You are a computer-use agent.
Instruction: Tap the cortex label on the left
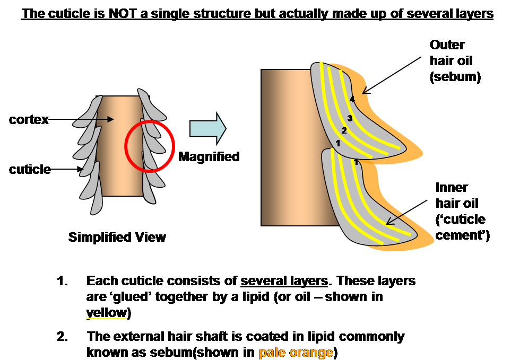point(28,120)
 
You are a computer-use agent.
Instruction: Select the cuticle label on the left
point(30,170)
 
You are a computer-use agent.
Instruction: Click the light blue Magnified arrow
point(208,128)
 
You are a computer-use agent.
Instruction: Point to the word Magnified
point(209,157)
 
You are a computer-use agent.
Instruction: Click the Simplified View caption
point(117,237)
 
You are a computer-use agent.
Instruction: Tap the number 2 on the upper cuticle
point(344,130)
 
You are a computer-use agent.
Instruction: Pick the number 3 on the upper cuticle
point(349,118)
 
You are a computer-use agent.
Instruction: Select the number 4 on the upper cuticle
point(352,99)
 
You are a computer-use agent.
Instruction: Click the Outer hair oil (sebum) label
point(455,60)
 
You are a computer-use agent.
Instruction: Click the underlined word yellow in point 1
point(106,313)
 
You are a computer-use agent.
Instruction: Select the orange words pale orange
point(296,352)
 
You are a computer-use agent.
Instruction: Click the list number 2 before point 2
point(63,337)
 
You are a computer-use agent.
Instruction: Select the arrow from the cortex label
point(80,120)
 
